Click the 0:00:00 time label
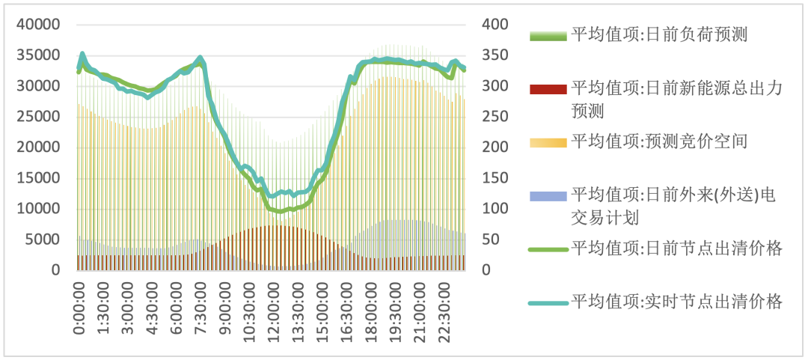pyautogui.click(x=80, y=307)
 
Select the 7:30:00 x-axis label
pyautogui.click(x=200, y=307)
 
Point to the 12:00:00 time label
pyautogui.click(x=272, y=309)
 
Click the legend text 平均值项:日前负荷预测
pyautogui.click(x=659, y=34)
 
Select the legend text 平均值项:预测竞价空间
pyautogui.click(x=659, y=141)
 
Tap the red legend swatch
pyautogui.click(x=548, y=89)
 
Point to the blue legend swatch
pyautogui.click(x=548, y=196)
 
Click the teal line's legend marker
pyautogui.click(x=548, y=303)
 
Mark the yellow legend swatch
pyautogui.click(x=548, y=142)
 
